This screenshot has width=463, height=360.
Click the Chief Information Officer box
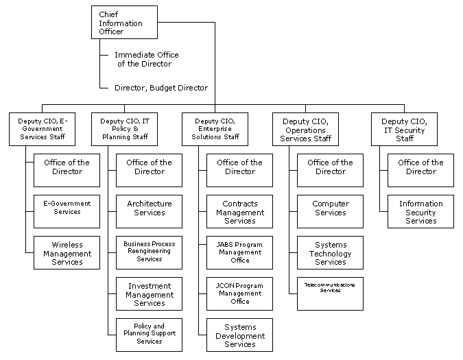(124, 22)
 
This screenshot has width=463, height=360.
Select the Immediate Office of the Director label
(146, 59)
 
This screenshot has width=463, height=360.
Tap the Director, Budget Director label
(161, 88)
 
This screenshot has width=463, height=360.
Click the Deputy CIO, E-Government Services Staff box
(43, 129)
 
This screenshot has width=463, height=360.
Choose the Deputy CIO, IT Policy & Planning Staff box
(124, 129)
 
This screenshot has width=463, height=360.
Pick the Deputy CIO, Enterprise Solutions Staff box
(215, 129)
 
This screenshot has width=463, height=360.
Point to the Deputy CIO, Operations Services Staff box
(305, 129)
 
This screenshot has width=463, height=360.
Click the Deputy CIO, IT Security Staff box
(404, 129)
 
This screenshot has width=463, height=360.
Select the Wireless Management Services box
(67, 252)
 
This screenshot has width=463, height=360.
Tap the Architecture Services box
(149, 211)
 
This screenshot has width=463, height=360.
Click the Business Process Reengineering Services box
(149, 252)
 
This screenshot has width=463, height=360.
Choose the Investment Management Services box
(149, 293)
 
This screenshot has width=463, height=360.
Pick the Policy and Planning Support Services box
(149, 335)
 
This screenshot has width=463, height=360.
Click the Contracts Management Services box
(239, 211)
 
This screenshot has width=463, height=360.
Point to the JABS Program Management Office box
(239, 252)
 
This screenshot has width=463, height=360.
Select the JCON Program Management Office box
(239, 293)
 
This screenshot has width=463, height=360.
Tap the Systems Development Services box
(239, 335)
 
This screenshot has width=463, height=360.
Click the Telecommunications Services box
(330, 293)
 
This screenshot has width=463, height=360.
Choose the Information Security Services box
(420, 211)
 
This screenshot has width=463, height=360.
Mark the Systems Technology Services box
(330, 252)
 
